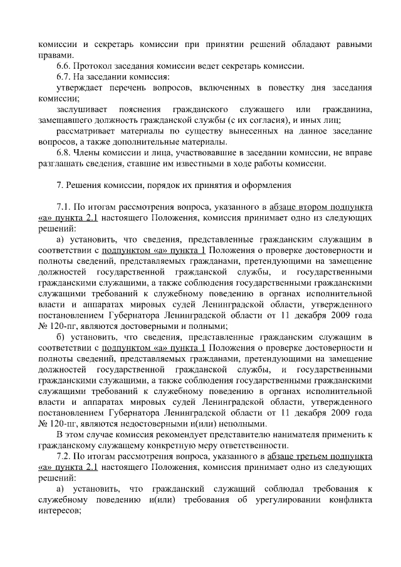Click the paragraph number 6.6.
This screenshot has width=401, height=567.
pos(64,67)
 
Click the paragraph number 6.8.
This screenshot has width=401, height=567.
pos(64,153)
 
